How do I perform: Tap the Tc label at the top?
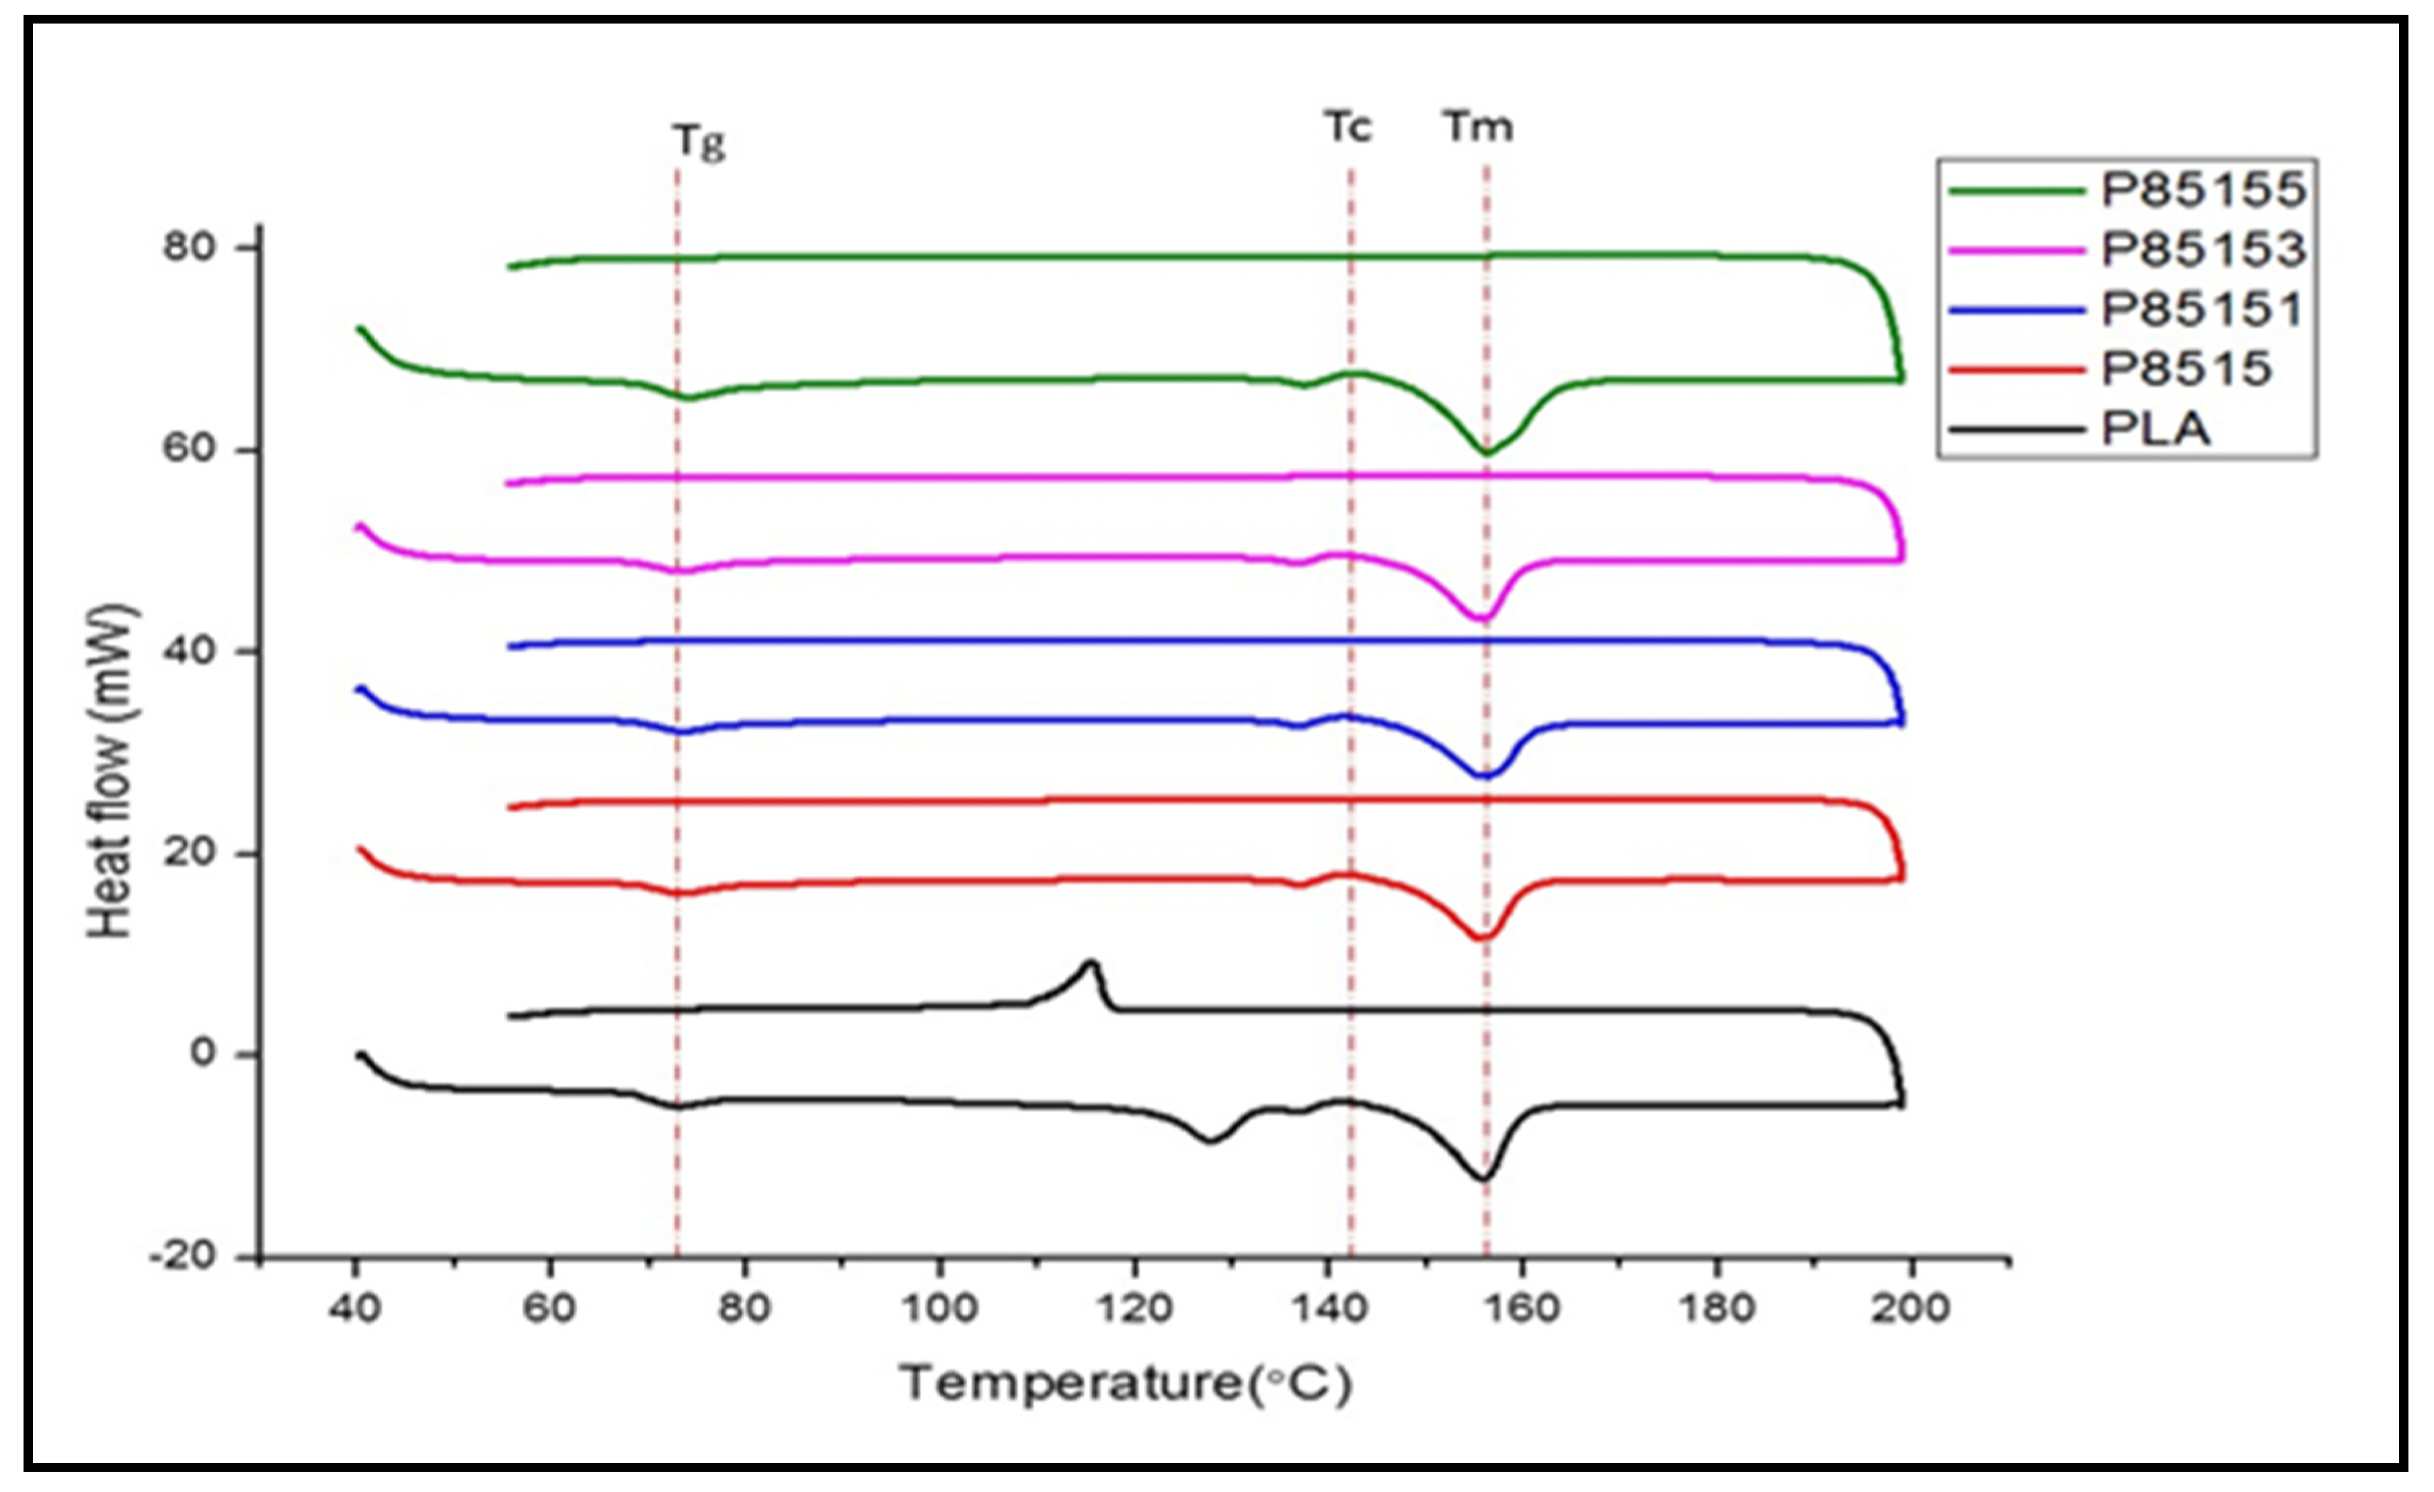pos(1348,127)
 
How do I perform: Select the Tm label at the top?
pos(1478,127)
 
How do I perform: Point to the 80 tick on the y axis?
pos(190,247)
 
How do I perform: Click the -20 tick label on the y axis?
pos(181,1258)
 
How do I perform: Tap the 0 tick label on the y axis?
pos(202,1053)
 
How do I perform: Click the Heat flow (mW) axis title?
pos(111,771)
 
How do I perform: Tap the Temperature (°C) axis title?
pos(1125,1383)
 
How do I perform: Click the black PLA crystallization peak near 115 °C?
pos(1091,963)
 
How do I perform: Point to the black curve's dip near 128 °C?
pos(1211,1142)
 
